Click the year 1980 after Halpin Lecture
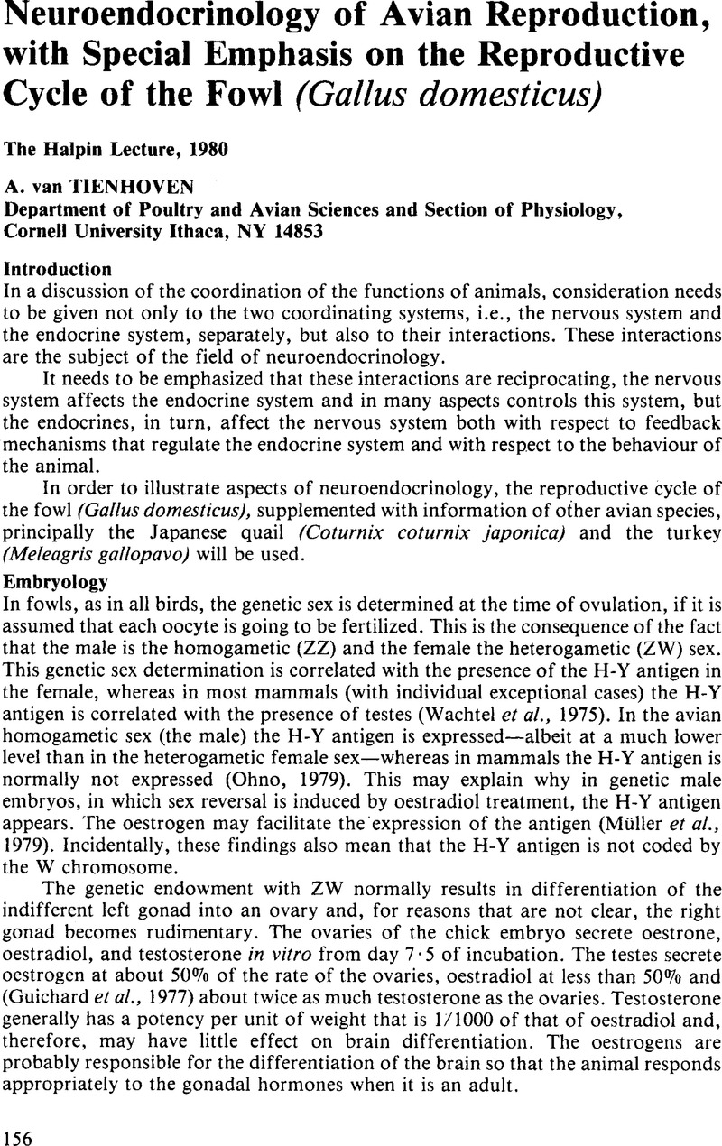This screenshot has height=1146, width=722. [177, 149]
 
